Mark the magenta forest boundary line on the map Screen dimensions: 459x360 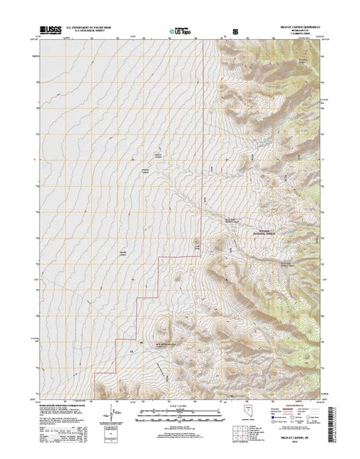[x=202, y=153]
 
